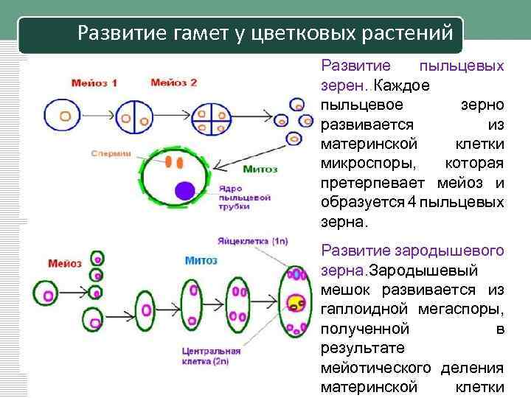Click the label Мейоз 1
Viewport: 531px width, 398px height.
pyautogui.click(x=94, y=83)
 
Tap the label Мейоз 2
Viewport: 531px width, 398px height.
pyautogui.click(x=174, y=83)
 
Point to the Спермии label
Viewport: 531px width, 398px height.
pyautogui.click(x=111, y=153)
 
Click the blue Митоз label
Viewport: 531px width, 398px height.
pyautogui.click(x=201, y=260)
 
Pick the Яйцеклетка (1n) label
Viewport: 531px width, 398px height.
pyautogui.click(x=254, y=241)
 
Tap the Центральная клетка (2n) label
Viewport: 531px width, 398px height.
pyautogui.click(x=212, y=357)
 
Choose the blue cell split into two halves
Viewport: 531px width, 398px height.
pyautogui.click(x=129, y=116)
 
